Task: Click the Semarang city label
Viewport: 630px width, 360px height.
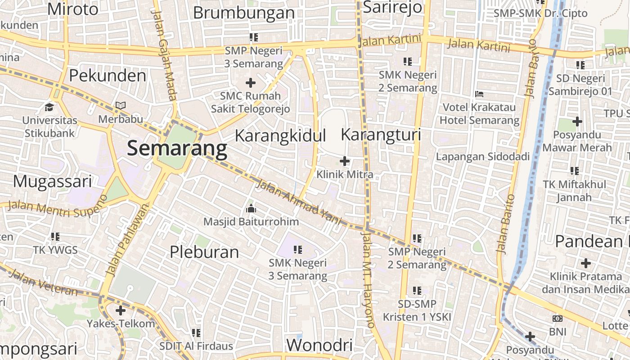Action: tap(177, 148)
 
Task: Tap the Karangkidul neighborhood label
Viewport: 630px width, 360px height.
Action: tap(280, 135)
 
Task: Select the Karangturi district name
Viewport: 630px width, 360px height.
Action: tap(381, 135)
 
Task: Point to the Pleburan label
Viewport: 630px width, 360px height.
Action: tap(204, 252)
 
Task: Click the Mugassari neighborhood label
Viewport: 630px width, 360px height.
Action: tap(52, 181)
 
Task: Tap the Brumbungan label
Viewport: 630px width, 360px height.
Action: tap(243, 13)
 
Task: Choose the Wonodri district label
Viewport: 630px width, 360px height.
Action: tap(319, 345)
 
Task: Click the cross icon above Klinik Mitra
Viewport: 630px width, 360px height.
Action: tap(345, 161)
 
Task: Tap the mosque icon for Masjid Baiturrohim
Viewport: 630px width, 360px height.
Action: tap(251, 208)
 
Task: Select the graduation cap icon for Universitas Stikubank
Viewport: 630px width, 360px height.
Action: tap(49, 107)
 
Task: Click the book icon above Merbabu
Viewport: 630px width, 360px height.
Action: tap(120, 106)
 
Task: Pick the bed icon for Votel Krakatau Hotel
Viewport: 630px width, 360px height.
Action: tap(479, 94)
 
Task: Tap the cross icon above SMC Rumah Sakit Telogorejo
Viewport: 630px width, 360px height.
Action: tap(251, 82)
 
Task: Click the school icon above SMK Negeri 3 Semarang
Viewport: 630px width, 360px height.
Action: tap(297, 249)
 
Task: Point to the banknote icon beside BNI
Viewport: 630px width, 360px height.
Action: tap(558, 319)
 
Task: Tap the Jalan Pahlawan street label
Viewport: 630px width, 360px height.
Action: tap(127, 240)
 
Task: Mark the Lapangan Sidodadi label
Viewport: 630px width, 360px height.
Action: tap(482, 157)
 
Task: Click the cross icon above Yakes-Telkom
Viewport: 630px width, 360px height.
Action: tap(121, 310)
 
